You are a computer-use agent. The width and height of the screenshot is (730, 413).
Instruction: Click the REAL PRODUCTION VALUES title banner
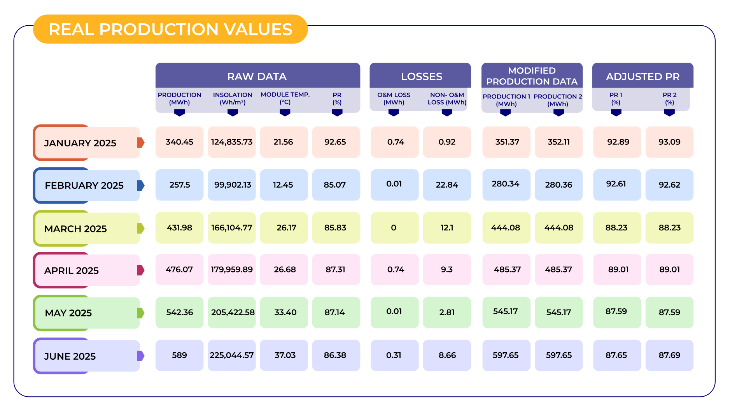pyautogui.click(x=170, y=29)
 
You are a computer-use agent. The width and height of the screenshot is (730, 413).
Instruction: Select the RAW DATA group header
pyautogui.click(x=257, y=76)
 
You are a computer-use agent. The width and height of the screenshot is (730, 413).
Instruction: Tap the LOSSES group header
pyautogui.click(x=421, y=76)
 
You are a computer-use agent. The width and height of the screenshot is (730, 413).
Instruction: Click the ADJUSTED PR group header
pyautogui.click(x=642, y=76)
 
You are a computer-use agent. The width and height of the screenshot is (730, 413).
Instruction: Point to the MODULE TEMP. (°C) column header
pyautogui.click(x=285, y=98)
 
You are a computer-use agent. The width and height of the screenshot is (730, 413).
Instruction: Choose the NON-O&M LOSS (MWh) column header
pyautogui.click(x=447, y=98)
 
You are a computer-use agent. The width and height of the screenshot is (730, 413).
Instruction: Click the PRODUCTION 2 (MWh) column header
pyautogui.click(x=558, y=100)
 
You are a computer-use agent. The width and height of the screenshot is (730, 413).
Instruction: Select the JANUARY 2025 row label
pyautogui.click(x=80, y=143)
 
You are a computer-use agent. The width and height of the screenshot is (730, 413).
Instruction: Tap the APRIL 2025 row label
pyautogui.click(x=72, y=271)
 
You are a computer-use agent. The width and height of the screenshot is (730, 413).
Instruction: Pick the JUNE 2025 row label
pyautogui.click(x=70, y=356)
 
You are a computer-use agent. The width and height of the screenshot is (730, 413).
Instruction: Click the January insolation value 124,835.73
pyautogui.click(x=232, y=142)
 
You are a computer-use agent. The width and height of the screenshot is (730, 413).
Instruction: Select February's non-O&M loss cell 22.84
pyautogui.click(x=447, y=185)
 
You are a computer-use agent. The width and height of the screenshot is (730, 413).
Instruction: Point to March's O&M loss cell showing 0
pyautogui.click(x=394, y=228)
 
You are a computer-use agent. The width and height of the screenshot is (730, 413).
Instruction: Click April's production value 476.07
pyautogui.click(x=179, y=269)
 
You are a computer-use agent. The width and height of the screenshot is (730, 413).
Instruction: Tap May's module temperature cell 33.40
pyautogui.click(x=285, y=312)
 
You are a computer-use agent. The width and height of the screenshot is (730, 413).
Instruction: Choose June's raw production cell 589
pyautogui.click(x=179, y=355)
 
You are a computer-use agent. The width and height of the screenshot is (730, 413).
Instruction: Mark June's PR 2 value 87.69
pyautogui.click(x=669, y=355)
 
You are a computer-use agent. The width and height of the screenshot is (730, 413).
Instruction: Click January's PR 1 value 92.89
pyautogui.click(x=618, y=142)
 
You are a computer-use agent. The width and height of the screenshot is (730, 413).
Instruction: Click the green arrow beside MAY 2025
pyautogui.click(x=141, y=313)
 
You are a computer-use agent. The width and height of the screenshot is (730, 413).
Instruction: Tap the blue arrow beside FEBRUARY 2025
pyautogui.click(x=141, y=185)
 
